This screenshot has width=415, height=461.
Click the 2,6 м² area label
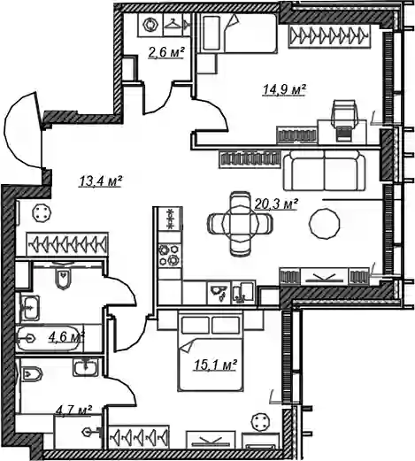tap(166, 52)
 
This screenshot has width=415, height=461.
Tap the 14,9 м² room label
tap(284, 89)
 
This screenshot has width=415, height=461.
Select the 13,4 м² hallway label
tap(100, 181)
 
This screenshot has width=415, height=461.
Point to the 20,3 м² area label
tap(275, 204)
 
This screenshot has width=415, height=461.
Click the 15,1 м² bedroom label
tap(216, 365)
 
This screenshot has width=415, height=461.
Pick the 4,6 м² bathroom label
tap(66, 337)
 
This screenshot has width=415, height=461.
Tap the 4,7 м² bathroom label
tap(73, 410)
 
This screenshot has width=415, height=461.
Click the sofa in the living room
tap(324, 170)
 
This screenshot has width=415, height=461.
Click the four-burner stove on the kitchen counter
tap(169, 256)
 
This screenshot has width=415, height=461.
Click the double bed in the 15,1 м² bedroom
tap(211, 352)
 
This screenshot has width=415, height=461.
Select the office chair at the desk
tap(344, 119)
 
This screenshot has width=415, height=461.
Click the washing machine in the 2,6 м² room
tap(150, 25)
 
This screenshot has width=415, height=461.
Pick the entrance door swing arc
tap(19, 130)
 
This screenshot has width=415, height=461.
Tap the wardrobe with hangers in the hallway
tap(67, 244)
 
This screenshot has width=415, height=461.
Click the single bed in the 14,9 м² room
tap(237, 34)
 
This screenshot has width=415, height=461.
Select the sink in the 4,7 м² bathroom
tap(86, 367)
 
